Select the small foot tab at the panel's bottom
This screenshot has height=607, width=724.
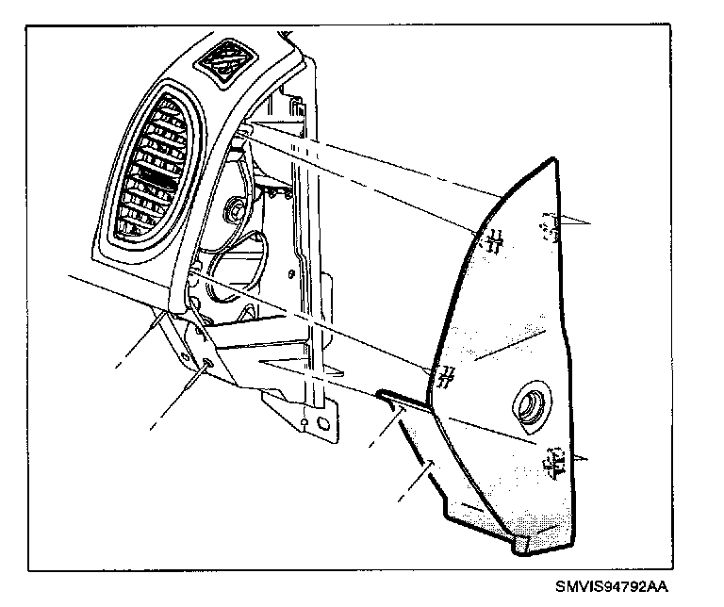pos(523,542)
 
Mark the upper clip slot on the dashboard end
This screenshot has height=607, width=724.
pos(243,137)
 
